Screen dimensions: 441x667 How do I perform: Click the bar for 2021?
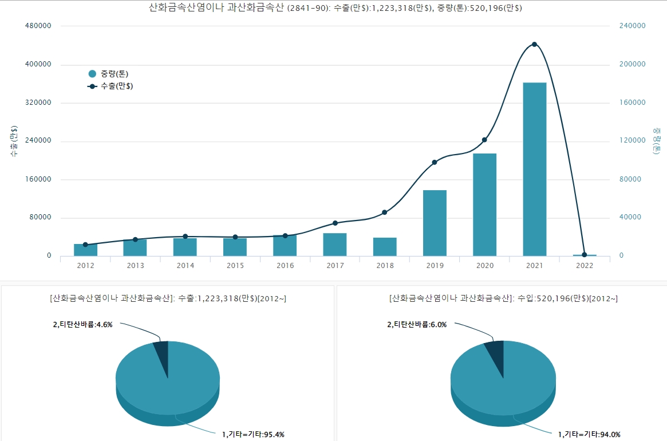tap(534, 169)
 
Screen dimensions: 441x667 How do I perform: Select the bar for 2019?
tap(435, 223)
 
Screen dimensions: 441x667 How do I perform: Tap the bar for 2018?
tap(385, 247)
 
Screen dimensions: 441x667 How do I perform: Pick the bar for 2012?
tap(85, 250)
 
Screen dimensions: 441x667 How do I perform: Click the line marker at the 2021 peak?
tap(534, 44)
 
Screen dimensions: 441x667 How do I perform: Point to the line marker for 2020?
tap(484, 140)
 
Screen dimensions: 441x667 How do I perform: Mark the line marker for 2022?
tap(584, 255)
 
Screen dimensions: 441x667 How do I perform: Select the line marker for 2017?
tap(335, 223)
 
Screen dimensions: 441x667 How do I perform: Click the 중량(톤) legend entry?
tap(109, 74)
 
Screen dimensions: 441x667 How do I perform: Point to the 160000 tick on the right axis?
tap(633, 103)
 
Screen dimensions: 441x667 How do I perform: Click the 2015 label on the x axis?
tap(235, 266)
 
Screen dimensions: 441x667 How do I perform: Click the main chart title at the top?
tap(335, 8)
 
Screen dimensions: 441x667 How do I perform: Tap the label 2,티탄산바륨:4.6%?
tap(83, 324)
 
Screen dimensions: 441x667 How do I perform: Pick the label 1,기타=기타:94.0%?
tap(589, 434)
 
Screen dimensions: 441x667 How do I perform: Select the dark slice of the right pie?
tap(495, 351)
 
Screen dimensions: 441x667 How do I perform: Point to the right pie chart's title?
tap(503, 298)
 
